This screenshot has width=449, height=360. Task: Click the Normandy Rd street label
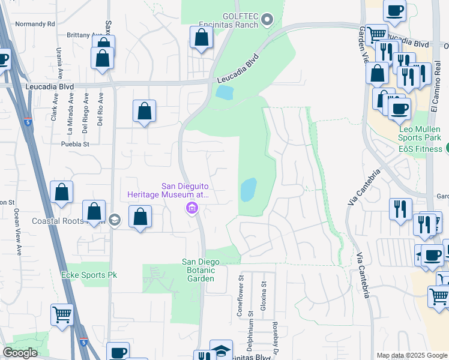[x=35, y=24]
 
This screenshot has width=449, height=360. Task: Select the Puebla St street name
[x=75, y=144]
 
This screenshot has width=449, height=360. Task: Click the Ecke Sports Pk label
[x=89, y=275]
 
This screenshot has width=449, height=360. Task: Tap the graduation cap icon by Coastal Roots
[x=115, y=220]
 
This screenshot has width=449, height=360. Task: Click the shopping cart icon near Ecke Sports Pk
[x=62, y=314]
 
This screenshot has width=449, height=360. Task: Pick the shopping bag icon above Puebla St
[x=144, y=111]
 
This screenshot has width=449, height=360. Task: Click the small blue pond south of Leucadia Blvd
[x=223, y=92]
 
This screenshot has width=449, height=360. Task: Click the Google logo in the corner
[x=20, y=353]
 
